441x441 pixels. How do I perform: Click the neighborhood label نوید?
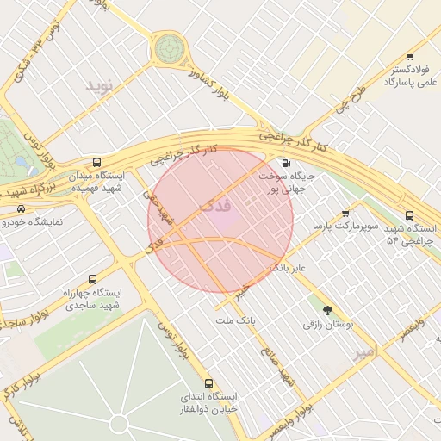[99, 85]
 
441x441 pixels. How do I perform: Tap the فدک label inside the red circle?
[214, 207]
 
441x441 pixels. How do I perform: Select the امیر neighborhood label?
[365, 352]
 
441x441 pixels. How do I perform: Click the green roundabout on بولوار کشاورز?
[169, 49]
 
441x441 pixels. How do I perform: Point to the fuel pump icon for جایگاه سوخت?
[285, 162]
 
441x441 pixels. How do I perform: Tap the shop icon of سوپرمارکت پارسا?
[345, 213]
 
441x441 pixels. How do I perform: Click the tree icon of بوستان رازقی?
[327, 309]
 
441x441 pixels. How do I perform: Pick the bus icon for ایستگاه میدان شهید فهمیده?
[96, 161]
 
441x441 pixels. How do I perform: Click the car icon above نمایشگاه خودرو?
[20, 208]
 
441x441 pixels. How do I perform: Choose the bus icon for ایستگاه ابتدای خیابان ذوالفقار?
[208, 383]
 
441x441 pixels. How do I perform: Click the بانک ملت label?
[236, 320]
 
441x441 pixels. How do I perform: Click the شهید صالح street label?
[281, 368]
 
